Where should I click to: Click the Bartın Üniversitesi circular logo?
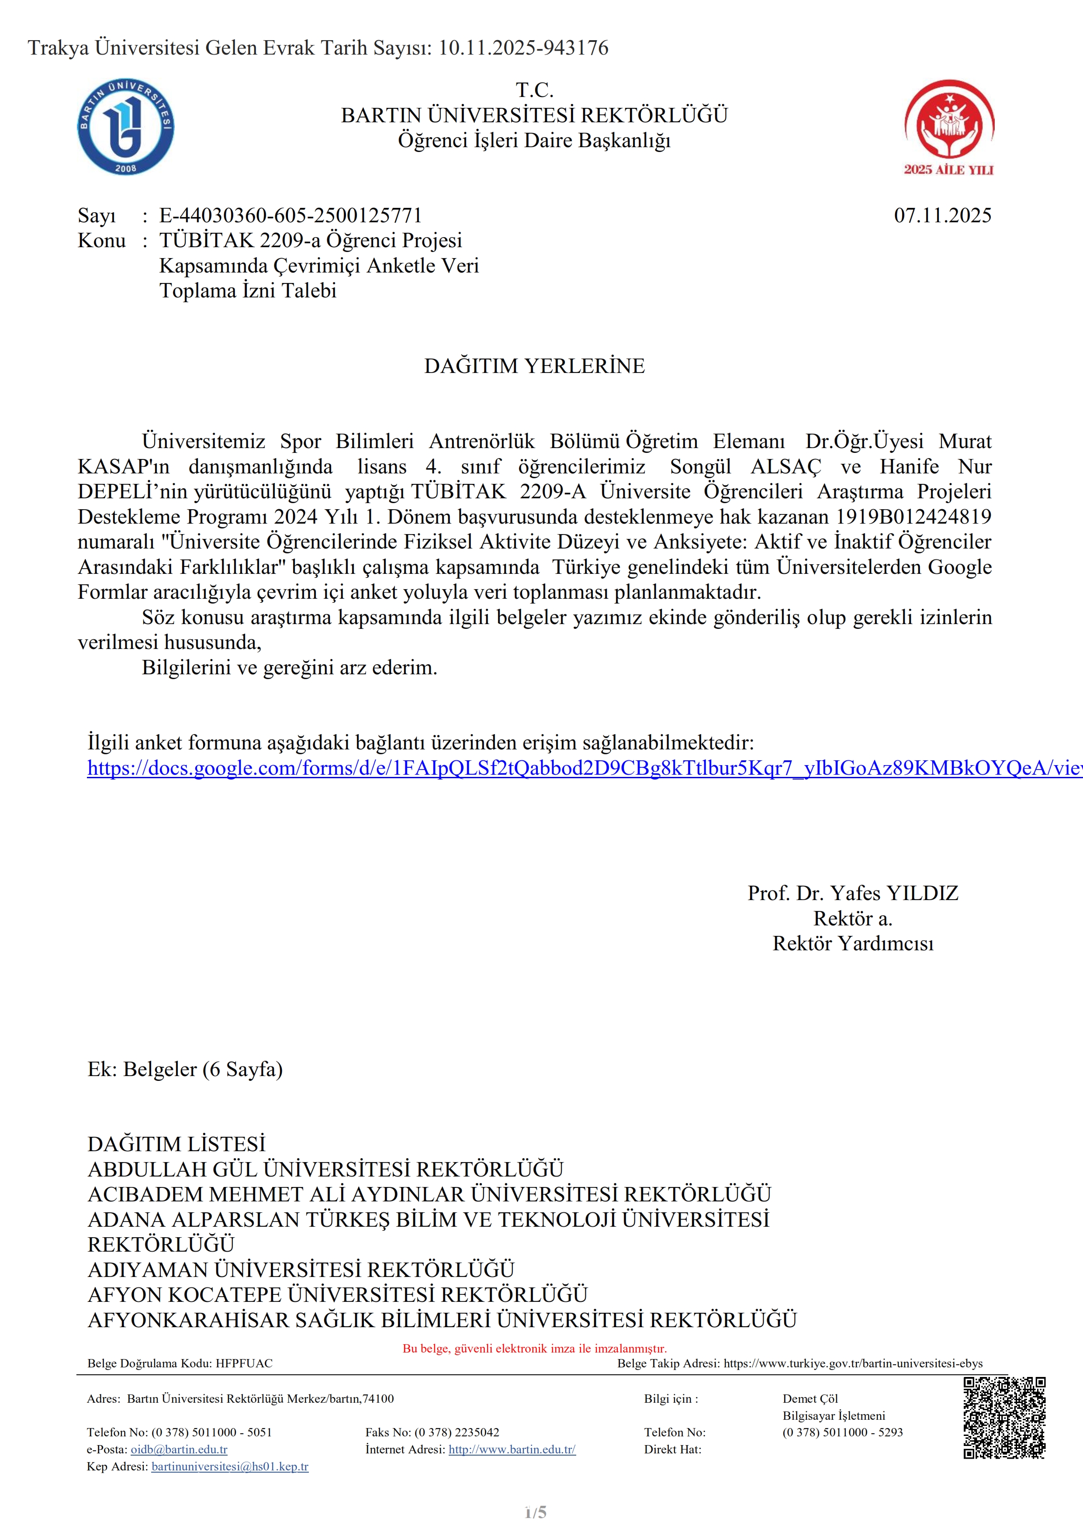tap(126, 127)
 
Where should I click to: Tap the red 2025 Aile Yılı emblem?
tap(949, 127)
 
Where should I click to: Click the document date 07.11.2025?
tap(942, 216)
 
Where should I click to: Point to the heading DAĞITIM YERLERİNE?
tap(534, 366)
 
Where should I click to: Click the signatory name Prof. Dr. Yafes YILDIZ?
tap(852, 893)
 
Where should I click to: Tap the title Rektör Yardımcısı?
tap(852, 943)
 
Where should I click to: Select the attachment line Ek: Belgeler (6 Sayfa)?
tap(185, 1069)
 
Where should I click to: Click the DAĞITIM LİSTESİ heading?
tap(176, 1144)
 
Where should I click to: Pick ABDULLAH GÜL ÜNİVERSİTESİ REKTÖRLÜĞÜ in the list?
tap(325, 1169)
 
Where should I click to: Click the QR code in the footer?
tap(1004, 1418)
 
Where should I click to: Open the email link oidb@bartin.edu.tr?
tap(179, 1449)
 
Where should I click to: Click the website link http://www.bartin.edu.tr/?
tap(512, 1449)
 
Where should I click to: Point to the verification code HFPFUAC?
tap(244, 1363)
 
